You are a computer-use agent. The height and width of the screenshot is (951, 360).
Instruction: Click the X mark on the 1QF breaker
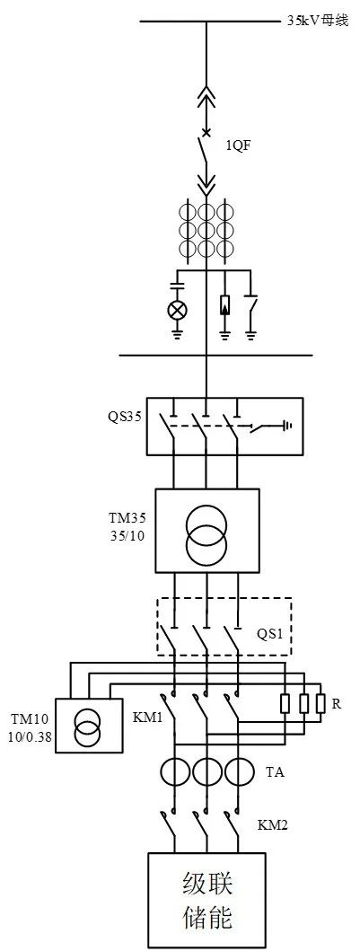pos(206,132)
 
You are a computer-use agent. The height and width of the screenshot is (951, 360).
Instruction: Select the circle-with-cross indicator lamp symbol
pos(177,311)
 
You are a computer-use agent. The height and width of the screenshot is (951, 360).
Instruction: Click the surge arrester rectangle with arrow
pos(224,305)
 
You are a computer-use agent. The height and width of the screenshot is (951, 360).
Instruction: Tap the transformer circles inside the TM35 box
pos(206,532)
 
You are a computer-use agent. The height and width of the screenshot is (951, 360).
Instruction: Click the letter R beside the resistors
pos(335,703)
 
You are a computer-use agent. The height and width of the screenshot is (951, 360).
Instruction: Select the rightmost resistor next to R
pos(320,703)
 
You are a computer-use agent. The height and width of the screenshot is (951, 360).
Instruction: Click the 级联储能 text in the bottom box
pos(207,900)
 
